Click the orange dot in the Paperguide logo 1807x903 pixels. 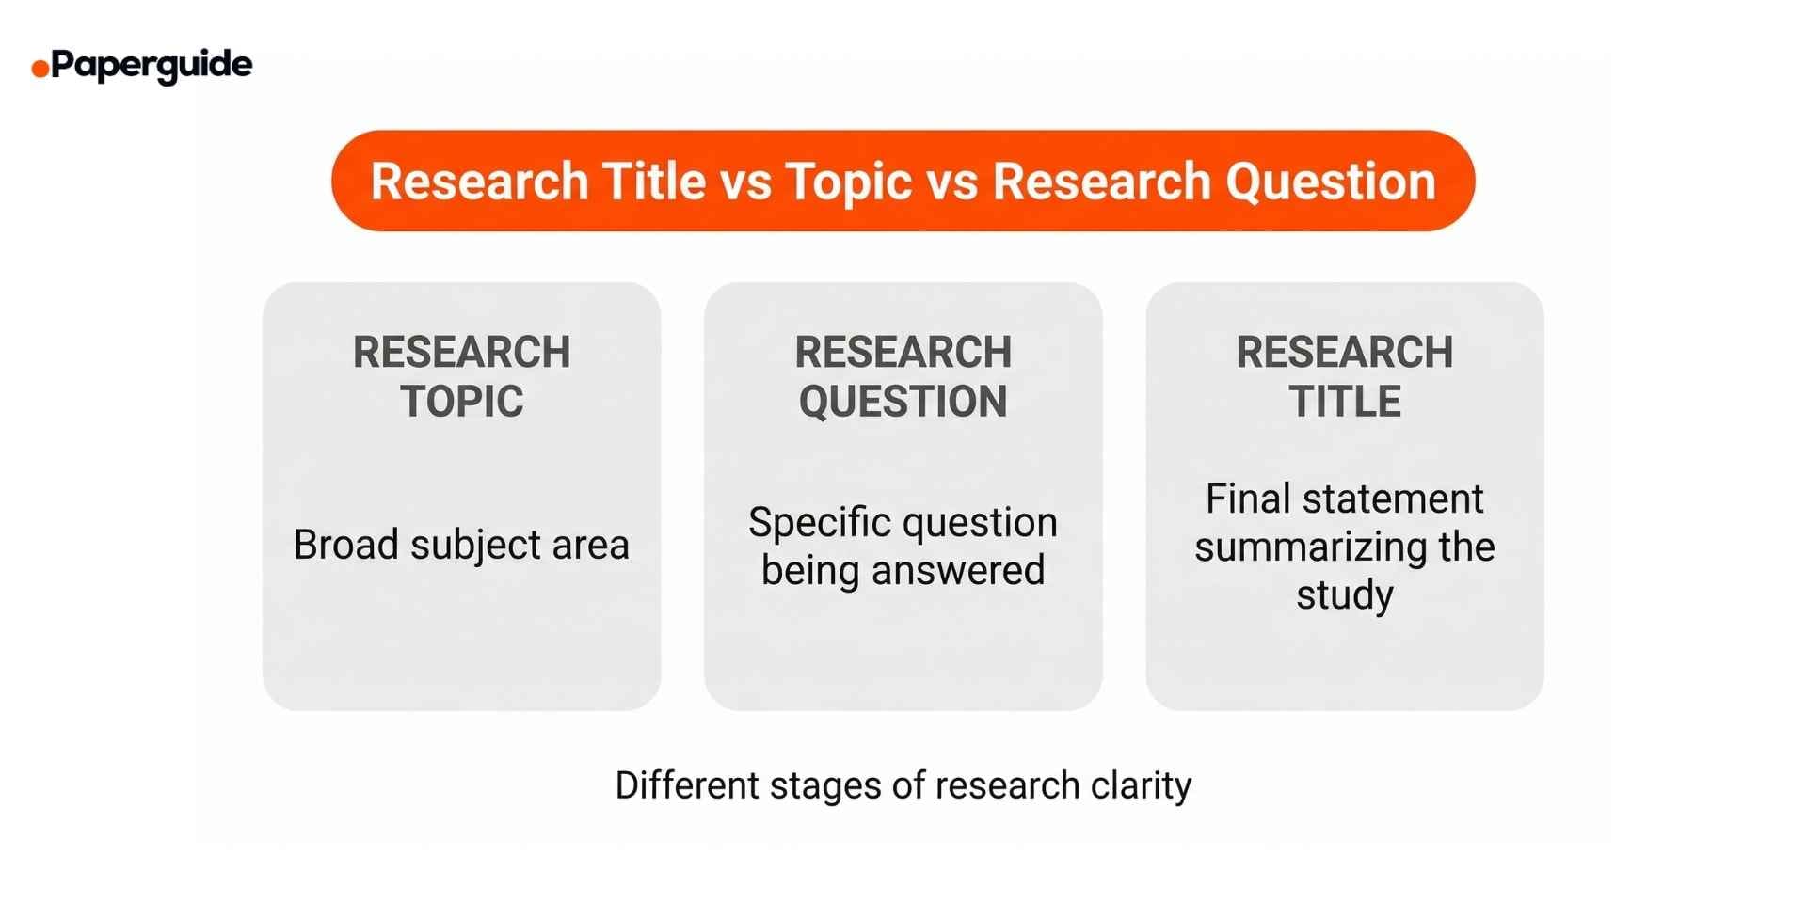40,69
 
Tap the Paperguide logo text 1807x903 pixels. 152,66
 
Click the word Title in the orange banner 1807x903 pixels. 654,181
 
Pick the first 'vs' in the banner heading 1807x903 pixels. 745,181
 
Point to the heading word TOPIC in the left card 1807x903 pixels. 461,402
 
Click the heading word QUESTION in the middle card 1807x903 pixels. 903,402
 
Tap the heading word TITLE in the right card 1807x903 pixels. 1344,402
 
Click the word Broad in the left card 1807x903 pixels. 345,545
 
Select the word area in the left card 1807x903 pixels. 590,545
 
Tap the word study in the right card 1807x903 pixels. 1344,595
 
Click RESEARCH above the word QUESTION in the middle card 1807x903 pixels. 903,353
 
